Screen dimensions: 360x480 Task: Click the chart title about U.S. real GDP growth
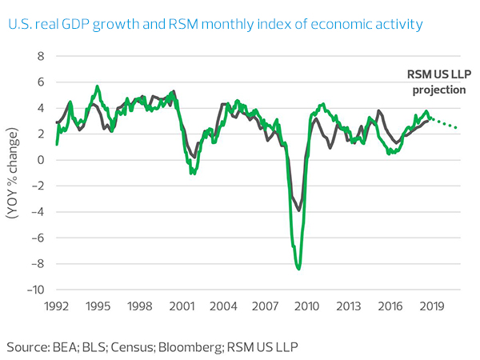point(215,25)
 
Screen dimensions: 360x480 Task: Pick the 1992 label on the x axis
point(57,306)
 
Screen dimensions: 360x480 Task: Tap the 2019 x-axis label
point(432,306)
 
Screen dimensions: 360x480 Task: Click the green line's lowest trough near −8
point(299,269)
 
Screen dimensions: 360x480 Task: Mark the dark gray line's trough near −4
point(299,210)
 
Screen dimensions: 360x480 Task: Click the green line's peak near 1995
point(98,86)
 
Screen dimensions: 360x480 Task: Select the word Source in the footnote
point(27,346)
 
